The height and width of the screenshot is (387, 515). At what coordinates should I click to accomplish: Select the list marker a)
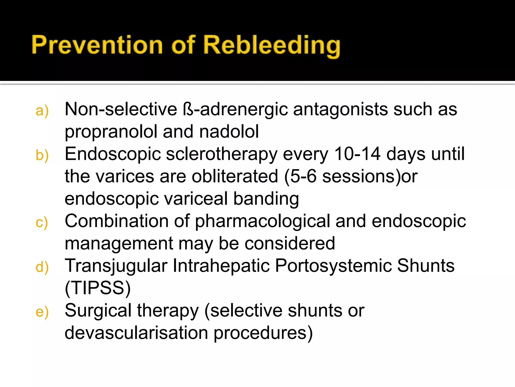coord(42,111)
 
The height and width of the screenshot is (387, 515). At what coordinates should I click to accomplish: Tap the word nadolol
coord(229,132)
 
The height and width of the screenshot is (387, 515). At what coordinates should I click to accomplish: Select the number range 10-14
coord(357,154)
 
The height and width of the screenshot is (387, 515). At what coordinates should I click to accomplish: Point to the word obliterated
coord(235,176)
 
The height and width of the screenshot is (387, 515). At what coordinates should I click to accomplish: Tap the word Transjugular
coord(116,266)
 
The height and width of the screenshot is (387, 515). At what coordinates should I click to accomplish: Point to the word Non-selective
coord(121,109)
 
